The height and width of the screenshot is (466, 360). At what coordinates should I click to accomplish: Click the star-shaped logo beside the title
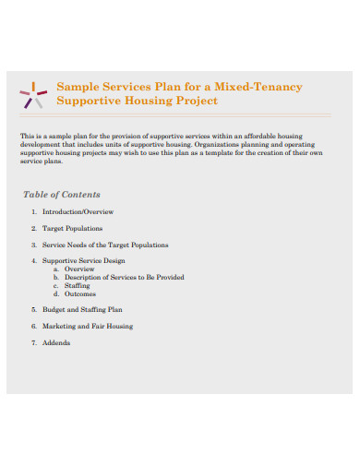tap(33, 93)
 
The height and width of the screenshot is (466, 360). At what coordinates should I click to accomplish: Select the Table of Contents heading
tap(61, 195)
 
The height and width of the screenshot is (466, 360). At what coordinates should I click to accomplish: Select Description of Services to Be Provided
tap(125, 278)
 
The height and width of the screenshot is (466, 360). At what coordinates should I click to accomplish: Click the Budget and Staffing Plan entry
tap(82, 310)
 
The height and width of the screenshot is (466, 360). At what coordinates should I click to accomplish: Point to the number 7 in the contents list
tap(33, 343)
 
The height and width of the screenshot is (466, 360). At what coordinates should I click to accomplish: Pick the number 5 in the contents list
tap(33, 310)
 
